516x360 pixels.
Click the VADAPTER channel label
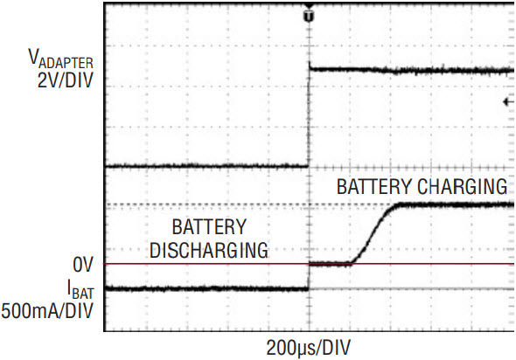point(61,59)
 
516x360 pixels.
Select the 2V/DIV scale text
point(66,80)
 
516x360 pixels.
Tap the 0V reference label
point(83,265)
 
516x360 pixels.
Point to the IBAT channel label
point(80,289)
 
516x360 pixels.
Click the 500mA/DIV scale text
point(47,311)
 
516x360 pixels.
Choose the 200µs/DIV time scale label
point(309,348)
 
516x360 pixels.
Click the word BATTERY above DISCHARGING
point(209,227)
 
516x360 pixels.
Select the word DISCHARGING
point(209,251)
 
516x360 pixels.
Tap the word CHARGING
point(463,187)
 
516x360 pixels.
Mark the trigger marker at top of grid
point(309,14)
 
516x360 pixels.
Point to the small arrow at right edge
point(508,102)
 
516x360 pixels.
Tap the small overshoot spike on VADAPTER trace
point(310,65)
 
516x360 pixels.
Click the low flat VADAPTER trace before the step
point(206,166)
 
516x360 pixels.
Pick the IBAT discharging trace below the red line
point(206,289)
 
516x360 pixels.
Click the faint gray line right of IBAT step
point(412,289)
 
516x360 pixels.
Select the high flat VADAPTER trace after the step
point(412,70)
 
